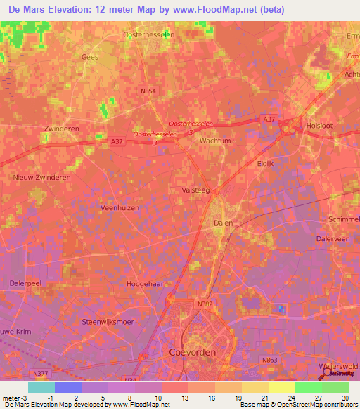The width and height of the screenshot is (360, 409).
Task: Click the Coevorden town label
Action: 193,351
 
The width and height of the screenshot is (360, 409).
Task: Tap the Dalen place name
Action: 223,223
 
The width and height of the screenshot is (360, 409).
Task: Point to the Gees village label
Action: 90,57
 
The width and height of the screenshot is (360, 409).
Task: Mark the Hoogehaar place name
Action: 145,283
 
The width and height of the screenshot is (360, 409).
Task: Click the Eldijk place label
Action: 264,163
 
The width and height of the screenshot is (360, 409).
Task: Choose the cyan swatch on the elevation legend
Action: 41,387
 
